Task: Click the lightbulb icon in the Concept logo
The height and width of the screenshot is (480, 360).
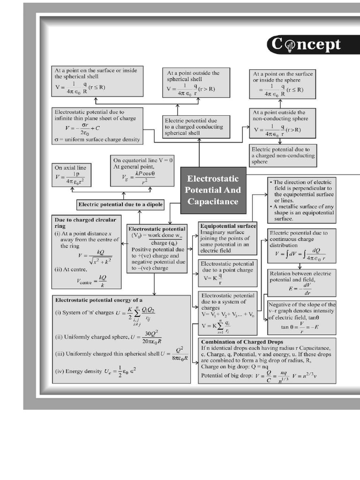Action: tap(289, 45)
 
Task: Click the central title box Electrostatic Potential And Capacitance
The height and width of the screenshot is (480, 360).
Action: tap(213, 190)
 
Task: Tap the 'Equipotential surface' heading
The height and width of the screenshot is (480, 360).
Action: tap(228, 225)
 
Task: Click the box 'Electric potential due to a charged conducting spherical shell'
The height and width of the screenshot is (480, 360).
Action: tap(196, 127)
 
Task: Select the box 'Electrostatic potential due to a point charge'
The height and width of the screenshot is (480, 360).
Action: tap(228, 272)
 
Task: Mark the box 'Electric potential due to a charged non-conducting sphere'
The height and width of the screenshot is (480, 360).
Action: tap(283, 155)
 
